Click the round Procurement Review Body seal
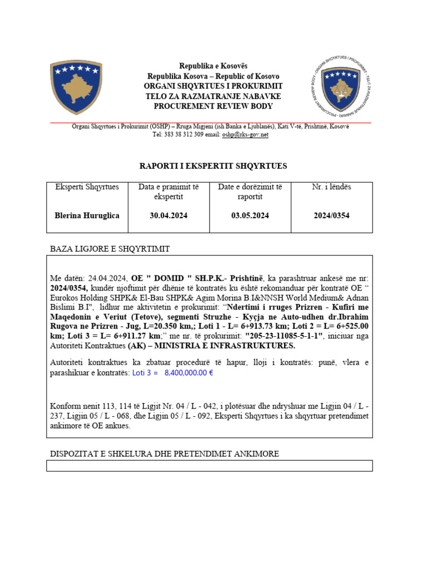point(341,87)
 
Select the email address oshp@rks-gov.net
point(245,135)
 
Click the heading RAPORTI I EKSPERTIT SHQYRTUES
point(213,166)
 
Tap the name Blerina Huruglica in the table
point(87,215)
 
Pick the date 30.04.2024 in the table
point(168,215)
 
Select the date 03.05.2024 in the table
point(250,215)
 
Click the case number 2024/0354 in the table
point(331,215)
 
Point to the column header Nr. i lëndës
point(331,187)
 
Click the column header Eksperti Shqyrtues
point(87,187)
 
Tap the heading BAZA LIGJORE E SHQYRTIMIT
point(110,248)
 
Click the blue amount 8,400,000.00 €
point(189,372)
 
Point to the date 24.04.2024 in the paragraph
point(107,278)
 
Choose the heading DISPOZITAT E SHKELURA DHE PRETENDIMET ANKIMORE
point(165,454)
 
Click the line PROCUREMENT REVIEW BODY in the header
point(213,106)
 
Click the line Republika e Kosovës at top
point(213,66)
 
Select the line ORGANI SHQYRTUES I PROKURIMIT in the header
point(213,86)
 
